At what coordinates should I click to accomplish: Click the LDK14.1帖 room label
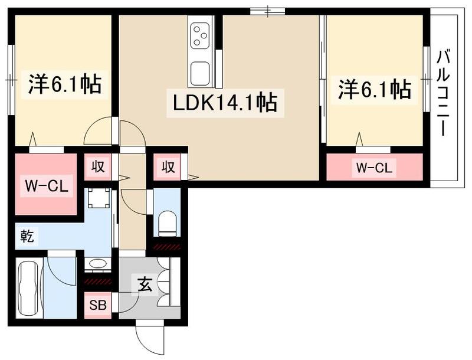tap(225, 103)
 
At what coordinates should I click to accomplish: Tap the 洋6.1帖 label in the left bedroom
tap(65, 84)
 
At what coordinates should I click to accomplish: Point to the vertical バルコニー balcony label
tap(444, 94)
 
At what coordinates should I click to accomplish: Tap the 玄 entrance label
tap(145, 285)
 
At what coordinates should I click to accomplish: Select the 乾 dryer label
tap(27, 237)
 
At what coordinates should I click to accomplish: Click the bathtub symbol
tap(28, 287)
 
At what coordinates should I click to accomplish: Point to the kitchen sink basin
tap(199, 73)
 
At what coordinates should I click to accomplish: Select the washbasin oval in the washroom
tap(97, 263)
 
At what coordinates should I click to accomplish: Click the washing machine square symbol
tap(98, 198)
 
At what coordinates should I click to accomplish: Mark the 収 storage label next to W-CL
tap(97, 167)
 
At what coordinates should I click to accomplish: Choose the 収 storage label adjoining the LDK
tap(168, 167)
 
